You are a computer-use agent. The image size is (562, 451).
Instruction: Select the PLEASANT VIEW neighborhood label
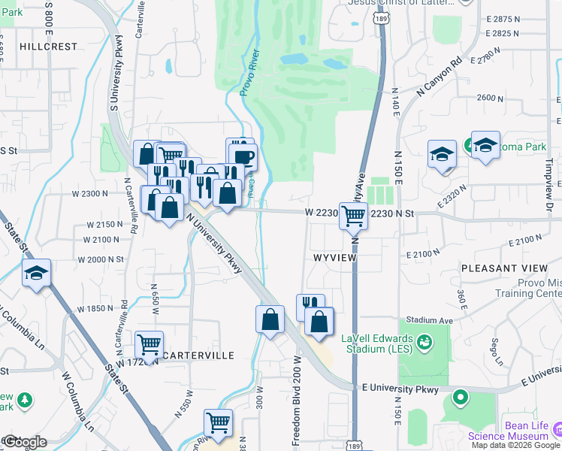tap(504, 268)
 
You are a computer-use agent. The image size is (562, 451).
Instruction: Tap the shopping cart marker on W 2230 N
tap(353, 216)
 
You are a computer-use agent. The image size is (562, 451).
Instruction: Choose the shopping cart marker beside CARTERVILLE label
tap(149, 344)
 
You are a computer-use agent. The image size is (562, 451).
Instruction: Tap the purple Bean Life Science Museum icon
tap(557, 428)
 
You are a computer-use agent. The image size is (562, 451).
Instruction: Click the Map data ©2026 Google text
tap(515, 445)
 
